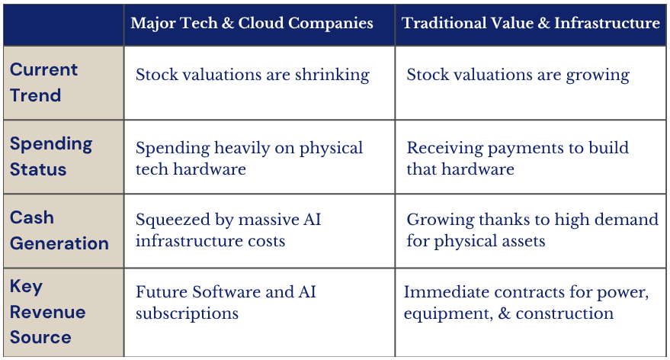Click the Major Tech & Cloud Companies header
click(252, 23)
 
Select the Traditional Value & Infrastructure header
click(531, 23)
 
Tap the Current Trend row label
click(43, 82)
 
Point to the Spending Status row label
click(51, 156)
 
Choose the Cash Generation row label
click(59, 230)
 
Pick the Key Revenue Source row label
click(47, 312)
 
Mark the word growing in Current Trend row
click(598, 76)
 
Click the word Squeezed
click(172, 220)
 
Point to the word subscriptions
click(188, 313)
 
